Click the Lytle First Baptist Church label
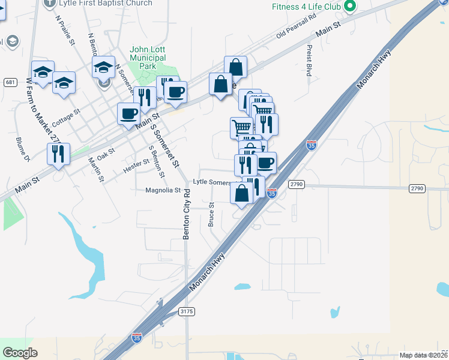coord(106,3)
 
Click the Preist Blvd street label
coord(310,60)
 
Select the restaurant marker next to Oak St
coord(58,154)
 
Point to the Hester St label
coord(136,166)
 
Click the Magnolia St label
coord(163,190)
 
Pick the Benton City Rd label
coord(187,215)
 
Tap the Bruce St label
coord(211,214)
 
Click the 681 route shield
coord(10,82)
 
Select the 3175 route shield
coord(187,311)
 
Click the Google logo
coord(20,353)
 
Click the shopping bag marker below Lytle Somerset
coord(241,193)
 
